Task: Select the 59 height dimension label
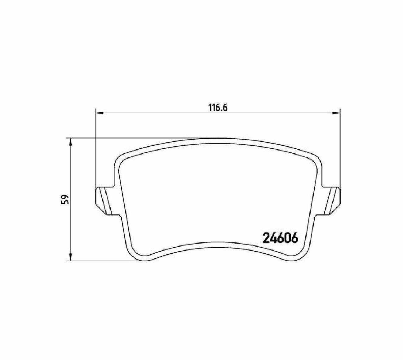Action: pyautogui.click(x=65, y=199)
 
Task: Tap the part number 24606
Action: pyautogui.click(x=280, y=238)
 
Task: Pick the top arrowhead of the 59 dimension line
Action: pyautogui.click(x=71, y=142)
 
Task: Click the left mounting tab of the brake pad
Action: pyautogui.click(x=105, y=201)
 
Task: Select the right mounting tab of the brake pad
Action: pyautogui.click(x=331, y=201)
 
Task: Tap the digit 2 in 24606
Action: pyautogui.click(x=266, y=238)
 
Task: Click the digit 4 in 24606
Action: pyautogui.click(x=273, y=238)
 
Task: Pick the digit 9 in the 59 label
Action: pyautogui.click(x=65, y=196)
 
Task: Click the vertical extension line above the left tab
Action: pyautogui.click(x=95, y=149)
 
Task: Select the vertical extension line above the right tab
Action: pyautogui.click(x=340, y=149)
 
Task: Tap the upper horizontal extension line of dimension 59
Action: pyautogui.click(x=130, y=138)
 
